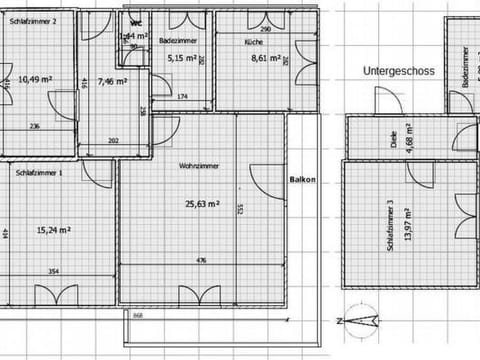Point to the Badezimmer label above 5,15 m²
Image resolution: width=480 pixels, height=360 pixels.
coord(176,41)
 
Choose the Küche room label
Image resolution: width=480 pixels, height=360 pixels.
coord(253,43)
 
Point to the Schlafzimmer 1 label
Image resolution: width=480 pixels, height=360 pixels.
coord(39,173)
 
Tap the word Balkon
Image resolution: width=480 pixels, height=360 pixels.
coord(303,180)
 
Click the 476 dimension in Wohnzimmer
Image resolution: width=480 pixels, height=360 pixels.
coord(201,260)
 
